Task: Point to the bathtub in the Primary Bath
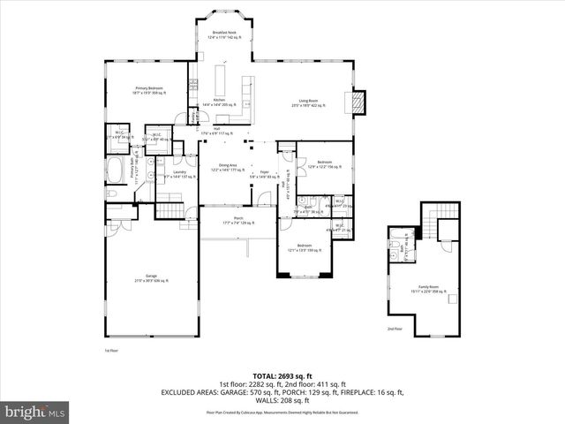[117, 170]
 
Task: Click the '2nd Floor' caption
[394, 329]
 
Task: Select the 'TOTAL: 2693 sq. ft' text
[282, 375]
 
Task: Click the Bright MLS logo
[35, 411]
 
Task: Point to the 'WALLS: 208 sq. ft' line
[282, 401]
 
